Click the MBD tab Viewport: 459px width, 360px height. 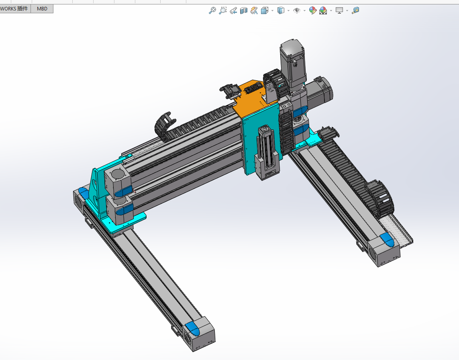coord(42,8)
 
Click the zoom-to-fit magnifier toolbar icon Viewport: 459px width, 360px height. coord(212,10)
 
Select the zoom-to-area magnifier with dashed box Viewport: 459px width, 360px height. coord(222,10)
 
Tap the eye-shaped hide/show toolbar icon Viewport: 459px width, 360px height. coord(297,10)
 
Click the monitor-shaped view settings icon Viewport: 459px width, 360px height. coord(339,10)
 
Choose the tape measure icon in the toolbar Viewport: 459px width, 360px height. coord(355,10)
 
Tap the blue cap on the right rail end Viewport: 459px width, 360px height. coord(387,240)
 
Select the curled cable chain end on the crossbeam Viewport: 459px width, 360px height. coord(163,125)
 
